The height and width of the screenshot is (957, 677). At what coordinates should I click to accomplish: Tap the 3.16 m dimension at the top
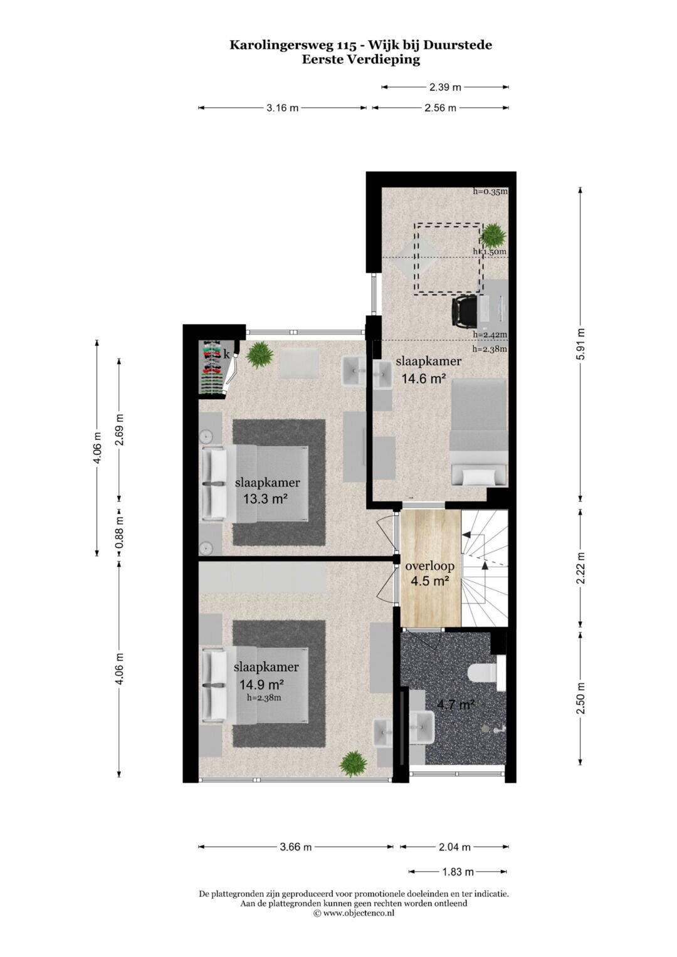(283, 108)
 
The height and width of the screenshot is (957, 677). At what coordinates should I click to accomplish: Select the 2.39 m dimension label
(445, 88)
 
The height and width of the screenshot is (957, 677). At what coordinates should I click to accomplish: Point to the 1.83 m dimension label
(458, 872)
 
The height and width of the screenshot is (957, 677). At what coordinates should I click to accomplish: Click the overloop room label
(429, 567)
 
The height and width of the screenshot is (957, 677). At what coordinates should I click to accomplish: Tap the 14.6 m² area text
(424, 378)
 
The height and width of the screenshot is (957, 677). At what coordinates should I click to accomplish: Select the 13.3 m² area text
(265, 498)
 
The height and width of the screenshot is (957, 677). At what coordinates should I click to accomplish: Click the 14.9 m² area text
(261, 685)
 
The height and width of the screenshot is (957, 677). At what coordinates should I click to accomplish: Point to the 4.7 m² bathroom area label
(456, 704)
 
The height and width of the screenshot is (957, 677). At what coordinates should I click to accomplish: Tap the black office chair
(464, 311)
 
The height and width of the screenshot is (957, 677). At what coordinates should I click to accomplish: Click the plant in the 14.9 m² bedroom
(354, 764)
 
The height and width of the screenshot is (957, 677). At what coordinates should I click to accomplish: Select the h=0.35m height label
(490, 191)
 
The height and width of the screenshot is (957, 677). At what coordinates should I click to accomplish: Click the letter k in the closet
(226, 353)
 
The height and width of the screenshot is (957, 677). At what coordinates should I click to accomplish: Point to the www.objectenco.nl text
(358, 913)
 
